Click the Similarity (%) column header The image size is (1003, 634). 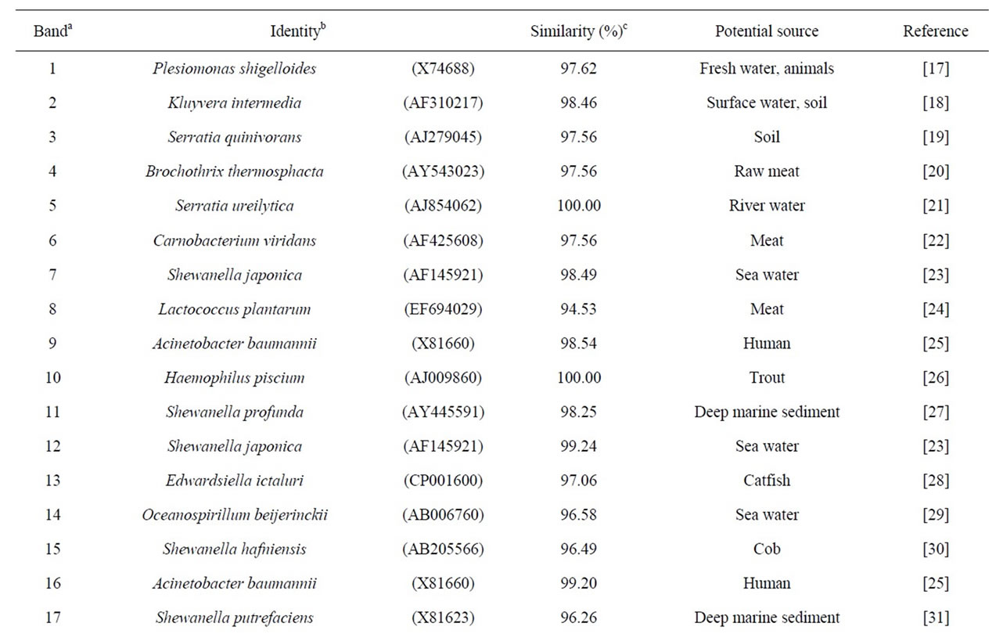(578, 31)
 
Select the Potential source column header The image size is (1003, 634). (767, 31)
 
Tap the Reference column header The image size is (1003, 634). (936, 31)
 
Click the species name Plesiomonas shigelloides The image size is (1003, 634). (234, 69)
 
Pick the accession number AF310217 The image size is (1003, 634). (443, 103)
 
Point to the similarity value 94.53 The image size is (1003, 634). (578, 308)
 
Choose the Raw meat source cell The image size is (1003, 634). (767, 171)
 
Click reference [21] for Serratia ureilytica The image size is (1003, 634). (936, 206)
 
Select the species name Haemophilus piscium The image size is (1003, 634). (234, 378)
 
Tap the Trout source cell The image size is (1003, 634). (767, 378)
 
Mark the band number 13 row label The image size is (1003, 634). (53, 481)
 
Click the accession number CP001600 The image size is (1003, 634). (443, 481)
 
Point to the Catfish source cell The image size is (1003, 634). (767, 481)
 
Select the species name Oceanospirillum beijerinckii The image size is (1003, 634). (235, 515)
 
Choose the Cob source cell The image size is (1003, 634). (767, 549)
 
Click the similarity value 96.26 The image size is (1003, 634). (578, 618)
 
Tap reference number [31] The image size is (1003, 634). (936, 618)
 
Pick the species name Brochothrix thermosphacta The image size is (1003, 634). (234, 171)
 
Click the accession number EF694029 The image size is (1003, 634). (443, 308)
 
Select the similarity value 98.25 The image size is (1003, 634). (578, 412)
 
